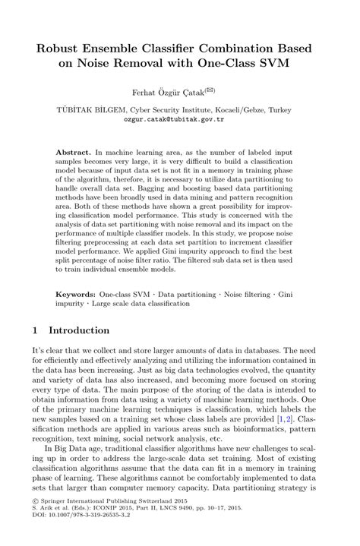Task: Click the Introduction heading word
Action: coord(79,331)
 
